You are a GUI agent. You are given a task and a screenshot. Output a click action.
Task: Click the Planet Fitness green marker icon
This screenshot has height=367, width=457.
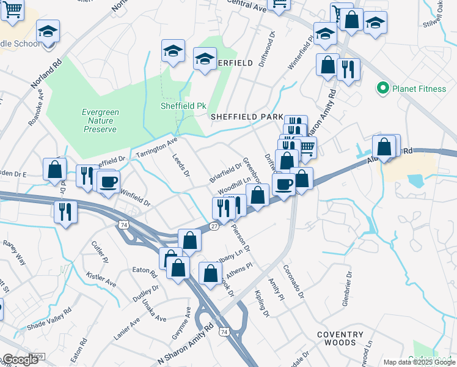pyautogui.click(x=383, y=89)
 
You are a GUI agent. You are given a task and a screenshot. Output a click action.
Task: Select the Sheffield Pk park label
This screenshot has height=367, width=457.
pyautogui.click(x=183, y=106)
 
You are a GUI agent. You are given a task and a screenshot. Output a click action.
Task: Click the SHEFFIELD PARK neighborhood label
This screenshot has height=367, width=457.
pyautogui.click(x=246, y=116)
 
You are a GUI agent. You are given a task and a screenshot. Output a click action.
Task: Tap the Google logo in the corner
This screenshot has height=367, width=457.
pyautogui.click(x=20, y=360)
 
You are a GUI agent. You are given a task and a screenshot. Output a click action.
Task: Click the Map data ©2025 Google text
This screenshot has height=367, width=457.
pyautogui.click(x=419, y=362)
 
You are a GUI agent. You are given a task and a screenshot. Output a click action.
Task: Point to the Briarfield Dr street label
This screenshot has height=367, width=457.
pyautogui.click(x=225, y=172)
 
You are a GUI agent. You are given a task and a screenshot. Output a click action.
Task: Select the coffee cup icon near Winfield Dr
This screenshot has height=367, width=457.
pyautogui.click(x=108, y=182)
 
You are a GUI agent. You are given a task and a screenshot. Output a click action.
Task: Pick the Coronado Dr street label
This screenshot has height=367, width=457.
pyautogui.click(x=293, y=281)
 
